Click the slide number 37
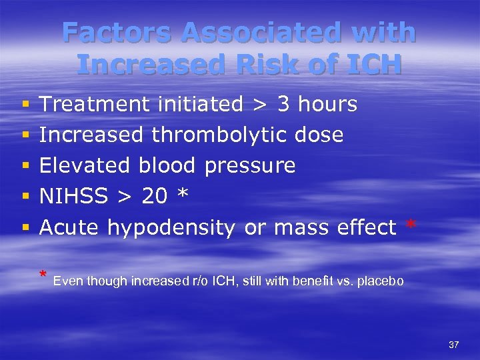click(454, 345)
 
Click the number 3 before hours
click(283, 105)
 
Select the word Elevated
click(85, 166)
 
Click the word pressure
click(250, 166)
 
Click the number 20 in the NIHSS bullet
click(155, 197)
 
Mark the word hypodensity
click(171, 228)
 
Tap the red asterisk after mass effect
click(411, 227)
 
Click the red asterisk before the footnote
click(43, 275)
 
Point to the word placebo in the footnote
click(381, 281)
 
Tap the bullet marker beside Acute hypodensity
click(25, 228)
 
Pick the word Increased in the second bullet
click(91, 135)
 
